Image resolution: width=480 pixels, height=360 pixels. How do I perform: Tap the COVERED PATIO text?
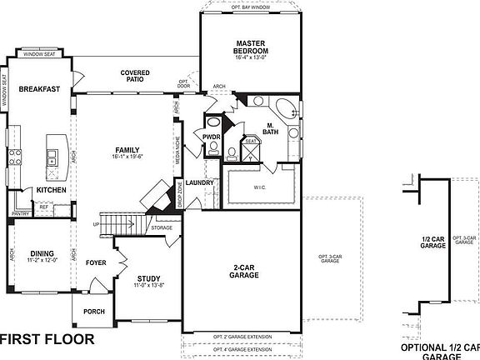click(x=135, y=77)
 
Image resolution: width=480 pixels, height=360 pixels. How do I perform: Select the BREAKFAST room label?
click(x=38, y=89)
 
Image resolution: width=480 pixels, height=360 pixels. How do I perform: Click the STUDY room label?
click(x=147, y=281)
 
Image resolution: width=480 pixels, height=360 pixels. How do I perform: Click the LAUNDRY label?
click(x=201, y=182)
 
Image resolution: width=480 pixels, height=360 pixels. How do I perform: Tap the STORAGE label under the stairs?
click(x=162, y=227)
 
